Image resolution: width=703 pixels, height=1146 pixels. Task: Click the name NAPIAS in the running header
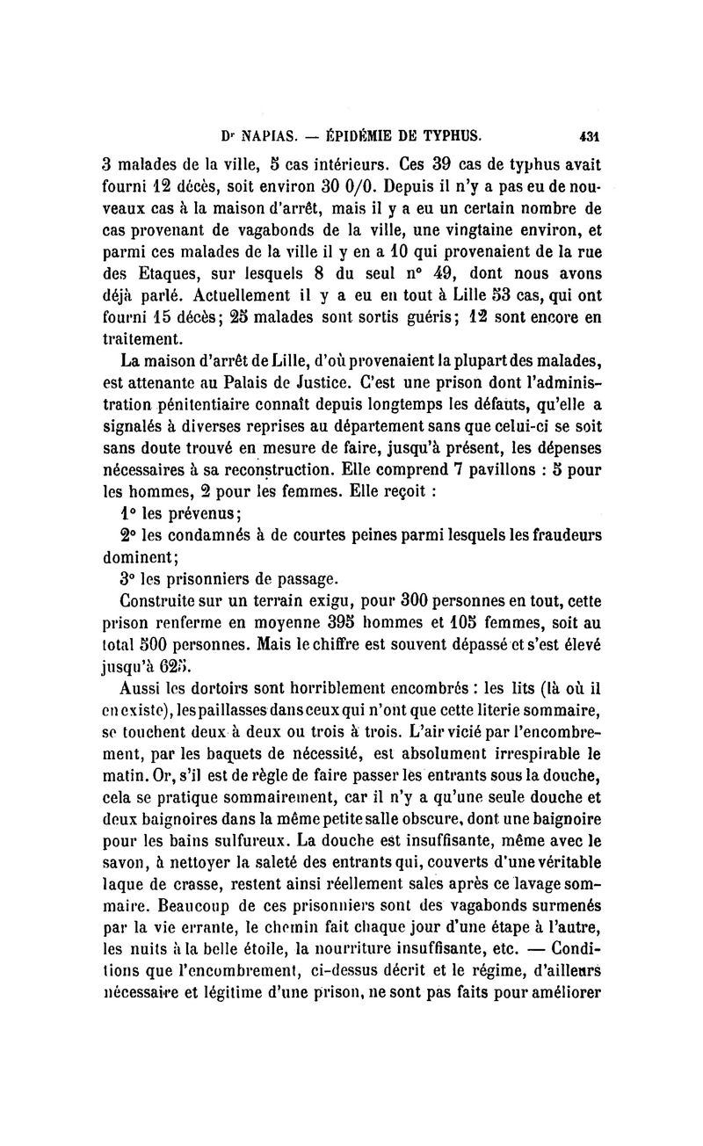[x=270, y=136]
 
